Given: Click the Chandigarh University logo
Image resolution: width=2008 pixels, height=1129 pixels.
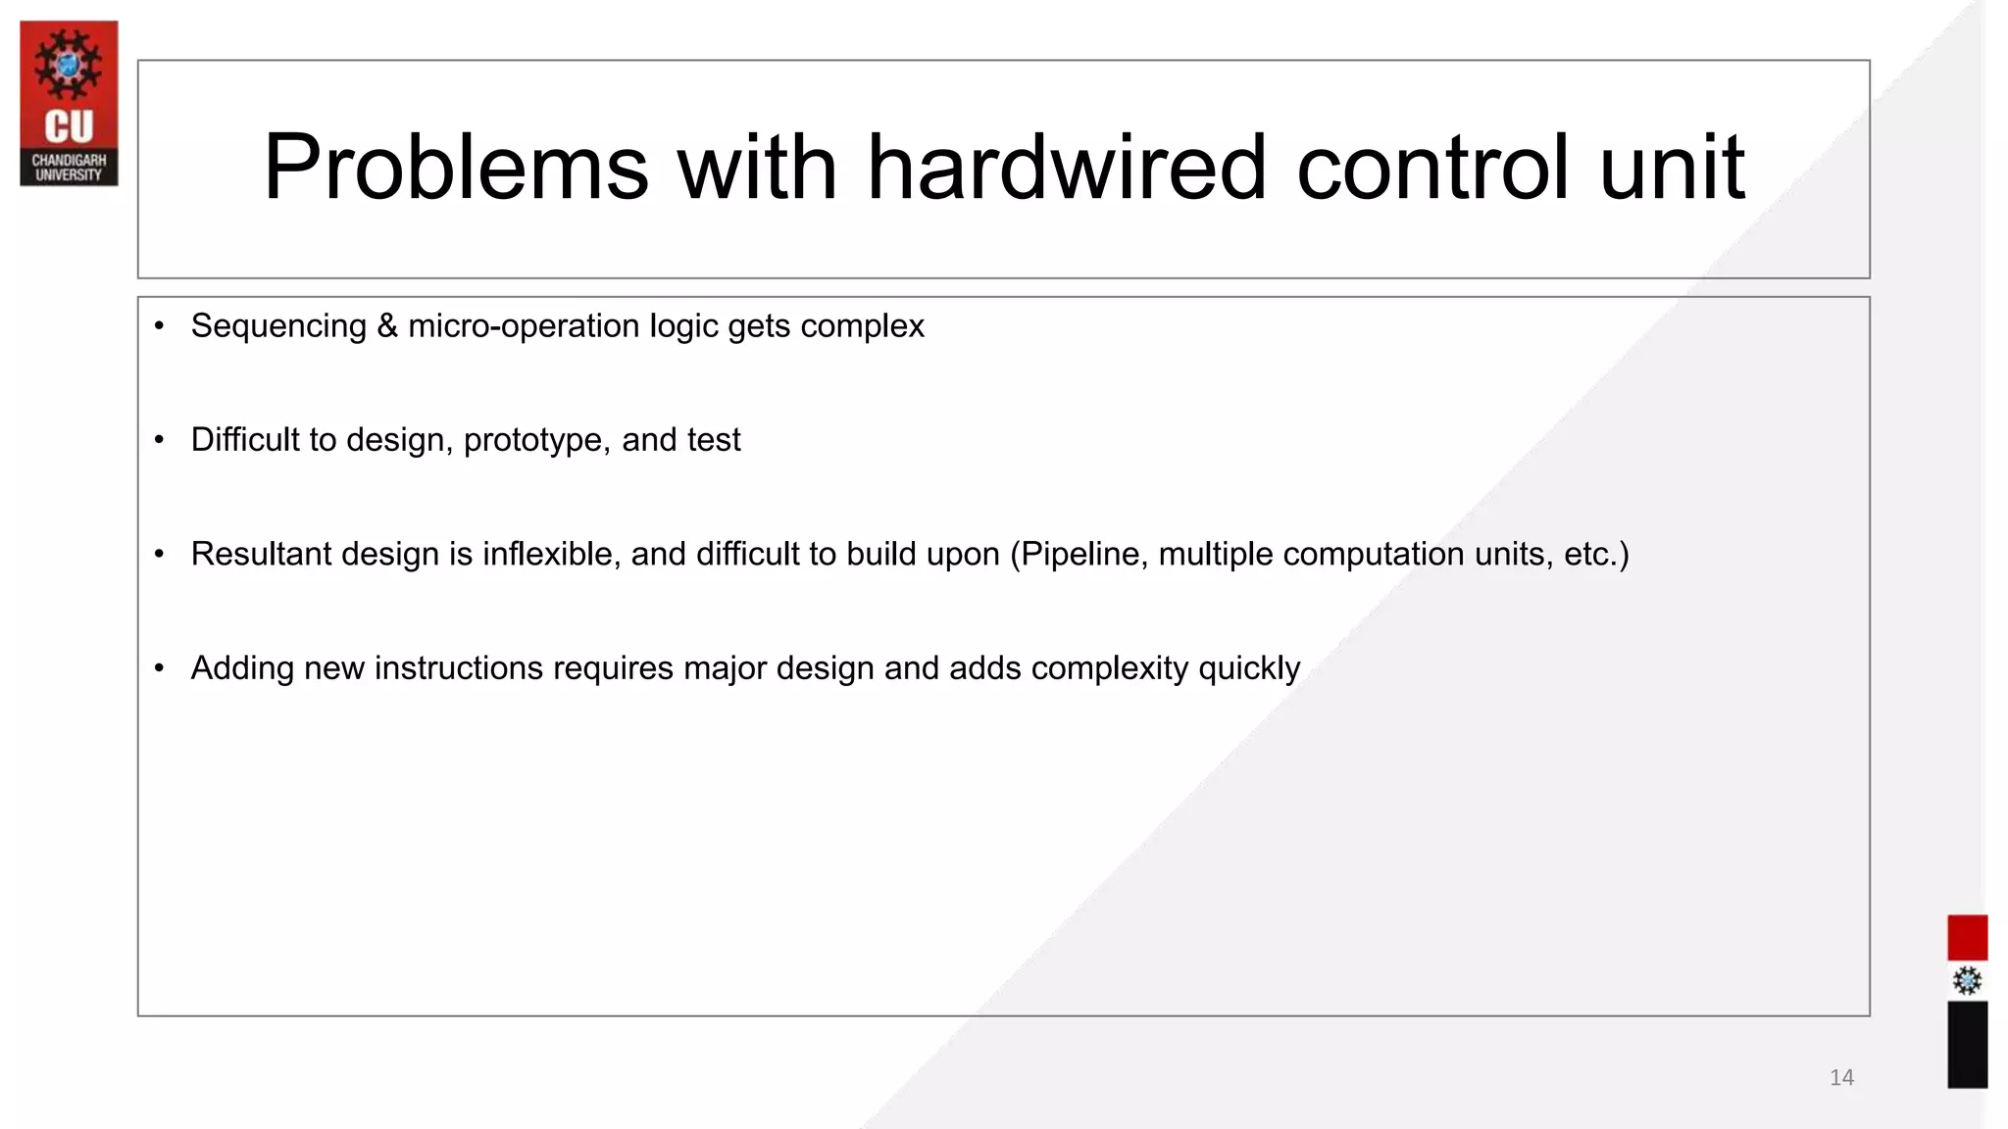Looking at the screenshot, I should (x=69, y=103).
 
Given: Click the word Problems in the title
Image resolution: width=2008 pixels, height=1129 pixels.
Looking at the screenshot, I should (x=456, y=168).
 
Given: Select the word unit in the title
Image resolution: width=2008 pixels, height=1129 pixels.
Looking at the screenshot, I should (x=1672, y=168).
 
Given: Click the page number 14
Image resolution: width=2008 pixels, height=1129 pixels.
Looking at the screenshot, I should (x=1841, y=1078).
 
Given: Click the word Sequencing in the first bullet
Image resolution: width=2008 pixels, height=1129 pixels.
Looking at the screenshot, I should (x=278, y=326).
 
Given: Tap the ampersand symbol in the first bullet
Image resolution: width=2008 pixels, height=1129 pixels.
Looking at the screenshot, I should (x=387, y=326).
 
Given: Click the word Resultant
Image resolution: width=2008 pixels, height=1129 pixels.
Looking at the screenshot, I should (x=261, y=555).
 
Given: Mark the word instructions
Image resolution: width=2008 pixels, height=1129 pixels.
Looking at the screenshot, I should (x=459, y=668).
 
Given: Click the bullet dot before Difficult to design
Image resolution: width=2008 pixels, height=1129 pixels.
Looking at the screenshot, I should (x=159, y=440).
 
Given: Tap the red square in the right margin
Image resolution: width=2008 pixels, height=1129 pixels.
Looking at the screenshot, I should (x=1967, y=938).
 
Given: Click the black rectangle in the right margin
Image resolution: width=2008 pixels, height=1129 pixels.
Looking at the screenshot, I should (x=1967, y=1044).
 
